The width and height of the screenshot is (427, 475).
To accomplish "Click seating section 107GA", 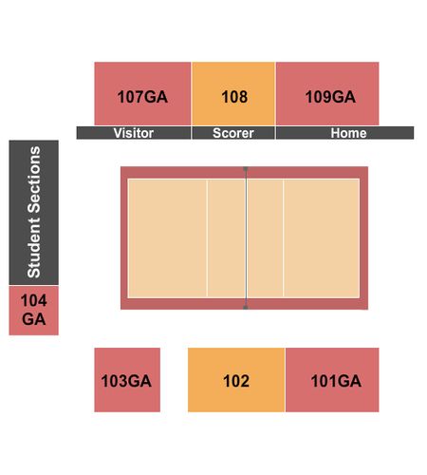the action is (x=142, y=94).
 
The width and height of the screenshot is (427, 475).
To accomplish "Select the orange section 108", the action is (x=233, y=94).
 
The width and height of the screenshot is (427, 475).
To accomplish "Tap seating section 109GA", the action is (x=327, y=94).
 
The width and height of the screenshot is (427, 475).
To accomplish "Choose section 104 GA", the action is (x=33, y=311).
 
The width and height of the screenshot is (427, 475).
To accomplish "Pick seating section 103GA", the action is (x=127, y=380).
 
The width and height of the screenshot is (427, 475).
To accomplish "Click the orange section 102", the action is (x=236, y=380).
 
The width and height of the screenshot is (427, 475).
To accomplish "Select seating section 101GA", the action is (x=332, y=380).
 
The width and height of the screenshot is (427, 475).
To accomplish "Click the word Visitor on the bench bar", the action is (x=134, y=133).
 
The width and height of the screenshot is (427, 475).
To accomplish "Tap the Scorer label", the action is (x=233, y=133).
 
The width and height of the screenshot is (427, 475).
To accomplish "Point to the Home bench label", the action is (x=348, y=133).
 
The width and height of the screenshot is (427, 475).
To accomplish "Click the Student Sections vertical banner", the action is (x=33, y=213).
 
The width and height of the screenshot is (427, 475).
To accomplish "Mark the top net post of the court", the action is (x=246, y=169).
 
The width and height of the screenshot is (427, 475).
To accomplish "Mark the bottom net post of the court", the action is (x=246, y=307).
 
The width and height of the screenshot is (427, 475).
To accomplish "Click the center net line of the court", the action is (x=246, y=238).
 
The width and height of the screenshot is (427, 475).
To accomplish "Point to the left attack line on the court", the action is (x=207, y=238).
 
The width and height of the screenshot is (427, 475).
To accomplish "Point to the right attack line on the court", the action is (x=284, y=238).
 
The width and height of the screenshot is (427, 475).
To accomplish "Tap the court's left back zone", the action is (x=167, y=238).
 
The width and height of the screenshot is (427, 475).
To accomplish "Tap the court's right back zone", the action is (x=322, y=238).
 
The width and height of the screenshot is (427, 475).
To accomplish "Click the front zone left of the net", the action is (x=227, y=238).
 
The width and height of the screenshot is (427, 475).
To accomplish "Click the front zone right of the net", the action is (x=265, y=238).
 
